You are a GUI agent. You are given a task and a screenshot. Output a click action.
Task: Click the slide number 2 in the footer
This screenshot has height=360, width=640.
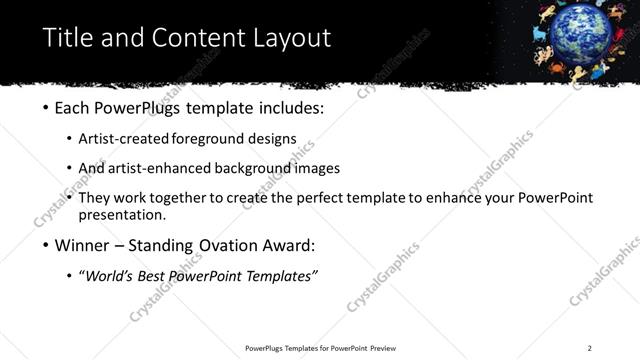pos(589,348)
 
